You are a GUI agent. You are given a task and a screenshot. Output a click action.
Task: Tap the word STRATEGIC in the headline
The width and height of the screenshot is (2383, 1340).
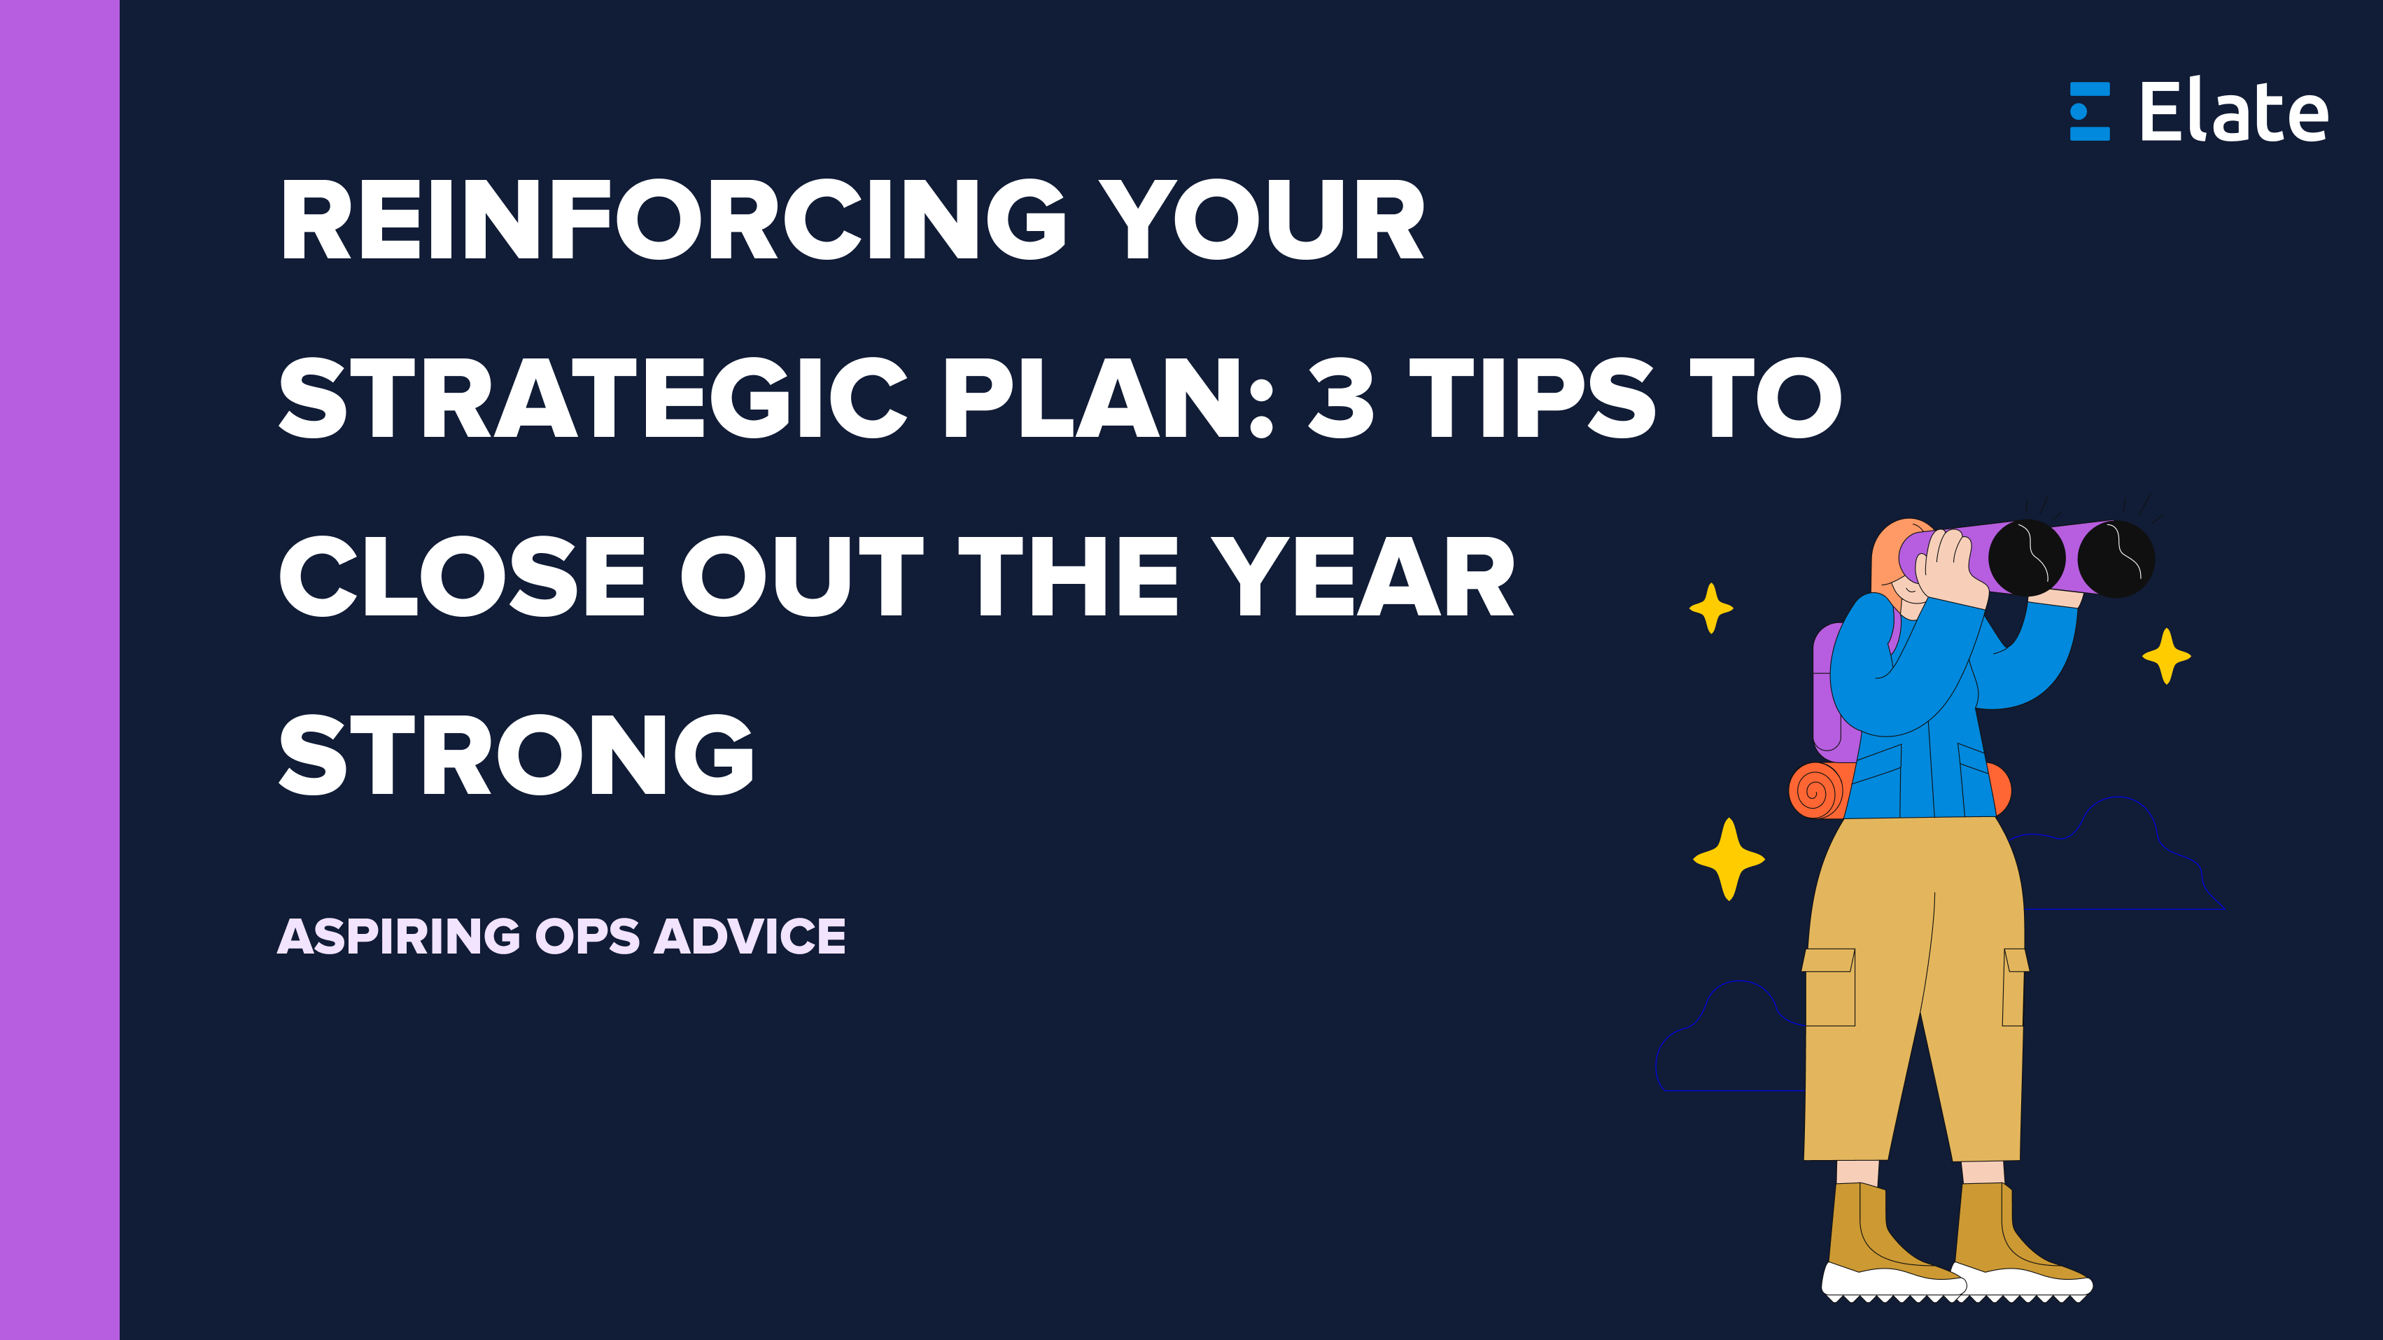(x=592, y=398)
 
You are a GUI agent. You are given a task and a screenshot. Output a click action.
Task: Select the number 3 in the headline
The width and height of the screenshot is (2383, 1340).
(x=1340, y=398)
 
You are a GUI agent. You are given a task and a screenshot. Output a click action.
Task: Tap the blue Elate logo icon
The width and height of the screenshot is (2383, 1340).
(x=2089, y=112)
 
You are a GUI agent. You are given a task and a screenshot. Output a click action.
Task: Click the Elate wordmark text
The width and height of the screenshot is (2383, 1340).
(x=2233, y=112)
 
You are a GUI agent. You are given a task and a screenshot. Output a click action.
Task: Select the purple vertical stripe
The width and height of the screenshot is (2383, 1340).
(x=59, y=670)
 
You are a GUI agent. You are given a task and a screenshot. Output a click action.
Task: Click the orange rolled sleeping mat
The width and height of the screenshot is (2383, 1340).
(x=1817, y=790)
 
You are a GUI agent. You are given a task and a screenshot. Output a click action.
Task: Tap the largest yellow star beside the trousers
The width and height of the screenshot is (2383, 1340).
(x=1728, y=859)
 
